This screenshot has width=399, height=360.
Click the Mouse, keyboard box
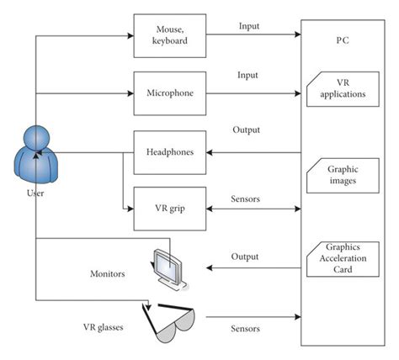pyautogui.click(x=170, y=35)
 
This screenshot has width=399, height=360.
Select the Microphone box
pyautogui.click(x=170, y=93)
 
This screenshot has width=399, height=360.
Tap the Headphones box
pyautogui.click(x=170, y=152)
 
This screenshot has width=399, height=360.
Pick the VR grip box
pyautogui.click(x=170, y=209)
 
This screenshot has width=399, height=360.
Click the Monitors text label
pyautogui.click(x=109, y=274)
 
